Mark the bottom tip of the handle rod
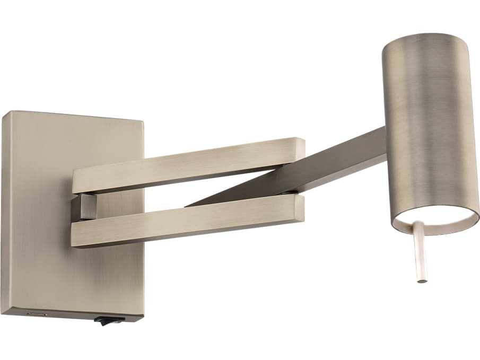tap(422, 280)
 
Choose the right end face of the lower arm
tap(301, 208)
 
